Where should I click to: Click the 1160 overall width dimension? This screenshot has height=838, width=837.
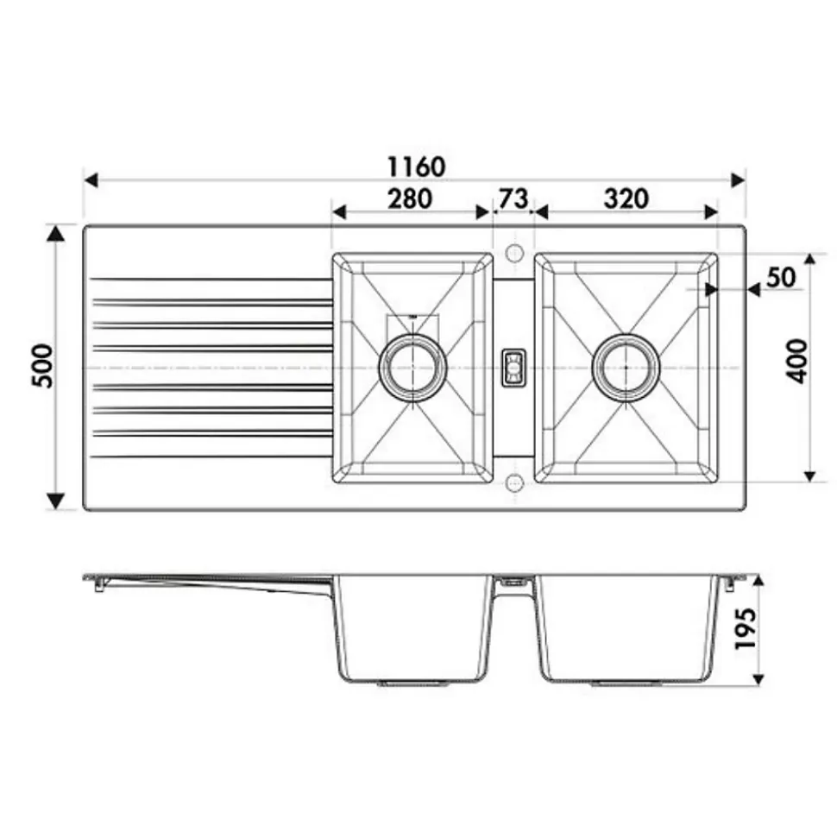[x=416, y=167]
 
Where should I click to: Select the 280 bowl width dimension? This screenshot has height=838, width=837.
[x=409, y=198]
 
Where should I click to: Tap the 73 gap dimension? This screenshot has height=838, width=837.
[x=513, y=198]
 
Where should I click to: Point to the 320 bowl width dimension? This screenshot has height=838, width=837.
[x=626, y=198]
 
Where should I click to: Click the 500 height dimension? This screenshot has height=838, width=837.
[x=43, y=366]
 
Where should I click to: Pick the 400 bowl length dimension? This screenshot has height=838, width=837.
[x=797, y=361]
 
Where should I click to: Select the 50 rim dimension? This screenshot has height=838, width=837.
[x=781, y=277]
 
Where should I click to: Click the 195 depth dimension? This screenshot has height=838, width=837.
[x=746, y=628]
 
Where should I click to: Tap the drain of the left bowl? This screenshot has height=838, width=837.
[x=412, y=367]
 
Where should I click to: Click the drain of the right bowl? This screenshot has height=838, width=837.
[x=626, y=367]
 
